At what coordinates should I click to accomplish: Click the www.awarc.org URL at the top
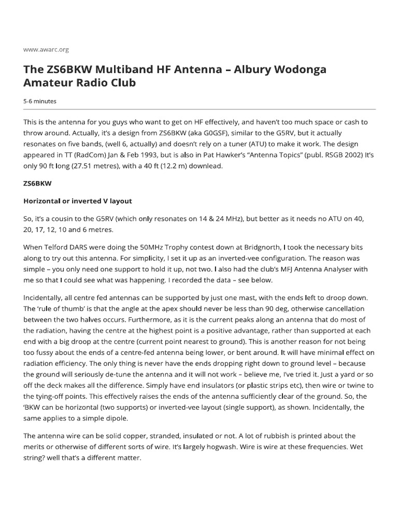click(x=46, y=49)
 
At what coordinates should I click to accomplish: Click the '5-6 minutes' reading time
click(x=40, y=101)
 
